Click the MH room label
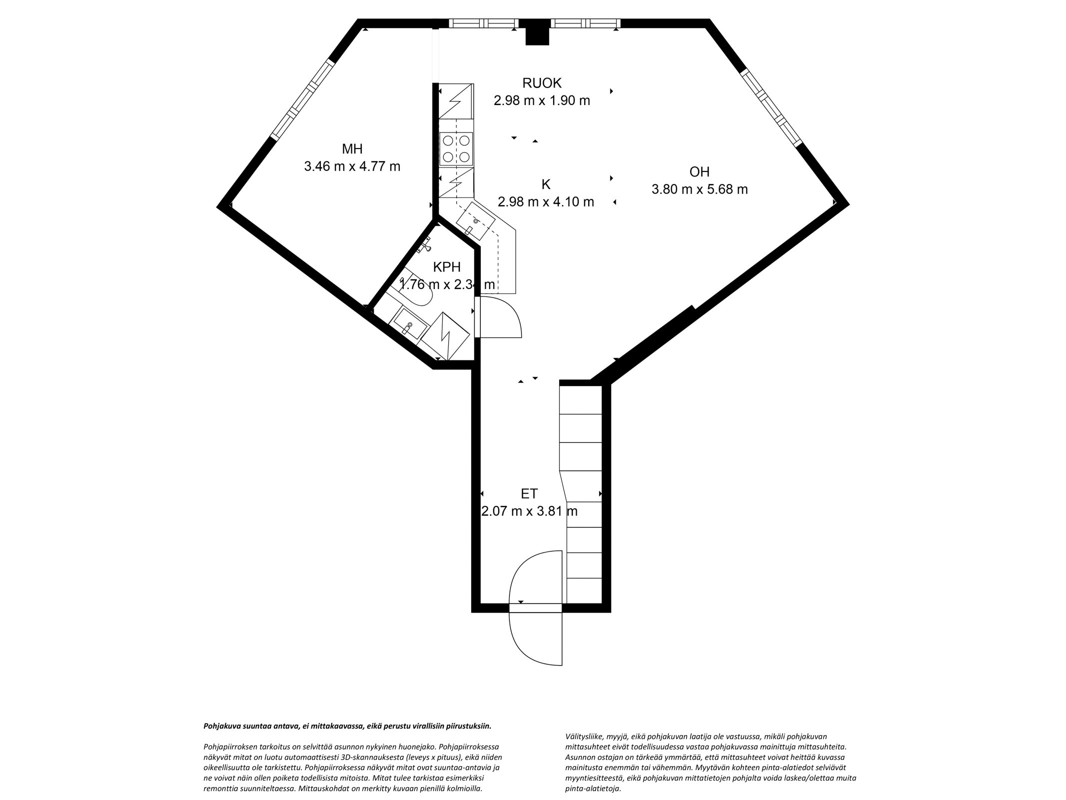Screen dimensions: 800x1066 (x=352, y=148)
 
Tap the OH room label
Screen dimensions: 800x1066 (x=699, y=171)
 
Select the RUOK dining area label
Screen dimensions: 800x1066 (x=542, y=82)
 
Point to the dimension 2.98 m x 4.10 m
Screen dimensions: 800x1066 (x=546, y=202)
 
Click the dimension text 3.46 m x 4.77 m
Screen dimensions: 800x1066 (x=352, y=166)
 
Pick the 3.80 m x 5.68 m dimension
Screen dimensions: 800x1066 (x=699, y=189)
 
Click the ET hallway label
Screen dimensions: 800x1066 (x=529, y=493)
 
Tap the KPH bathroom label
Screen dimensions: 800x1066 (x=446, y=267)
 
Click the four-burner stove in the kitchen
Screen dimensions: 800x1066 (x=456, y=149)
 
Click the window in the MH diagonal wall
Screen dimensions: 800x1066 (x=302, y=98)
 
